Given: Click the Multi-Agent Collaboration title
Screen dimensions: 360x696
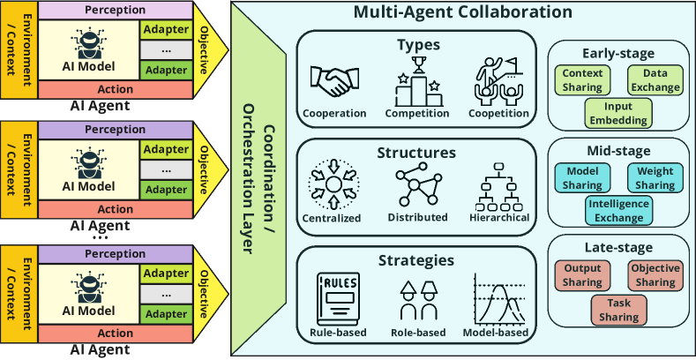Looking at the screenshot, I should click(x=463, y=13).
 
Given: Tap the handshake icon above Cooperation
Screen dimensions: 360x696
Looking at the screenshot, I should click(x=333, y=83).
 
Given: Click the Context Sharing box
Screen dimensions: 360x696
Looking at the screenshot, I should click(x=582, y=81).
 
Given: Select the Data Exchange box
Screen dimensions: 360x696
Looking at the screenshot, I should click(x=655, y=81).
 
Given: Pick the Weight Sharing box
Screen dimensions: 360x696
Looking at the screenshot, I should click(x=655, y=178).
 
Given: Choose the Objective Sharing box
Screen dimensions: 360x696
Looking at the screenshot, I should click(x=655, y=275).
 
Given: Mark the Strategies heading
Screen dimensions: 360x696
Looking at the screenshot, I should click(x=415, y=260).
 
